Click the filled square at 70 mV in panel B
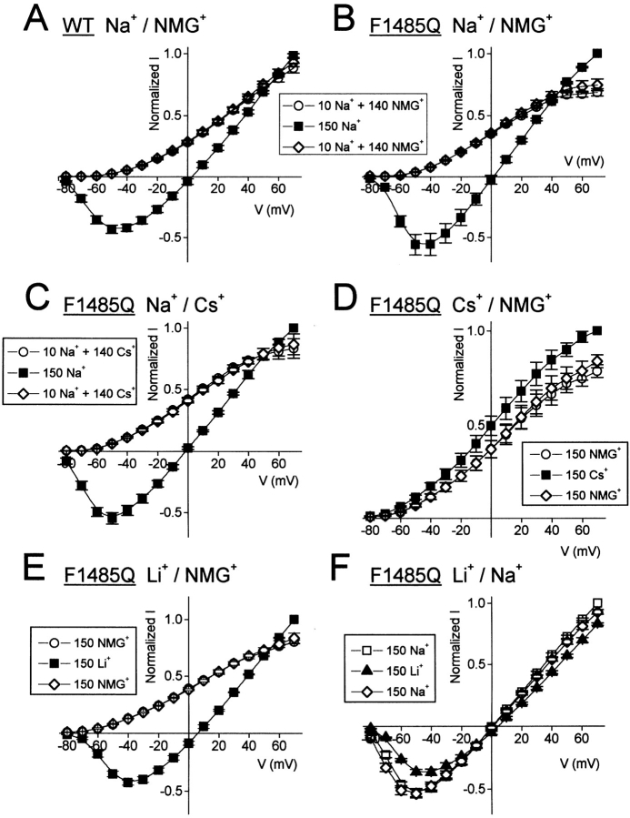[596, 54]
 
